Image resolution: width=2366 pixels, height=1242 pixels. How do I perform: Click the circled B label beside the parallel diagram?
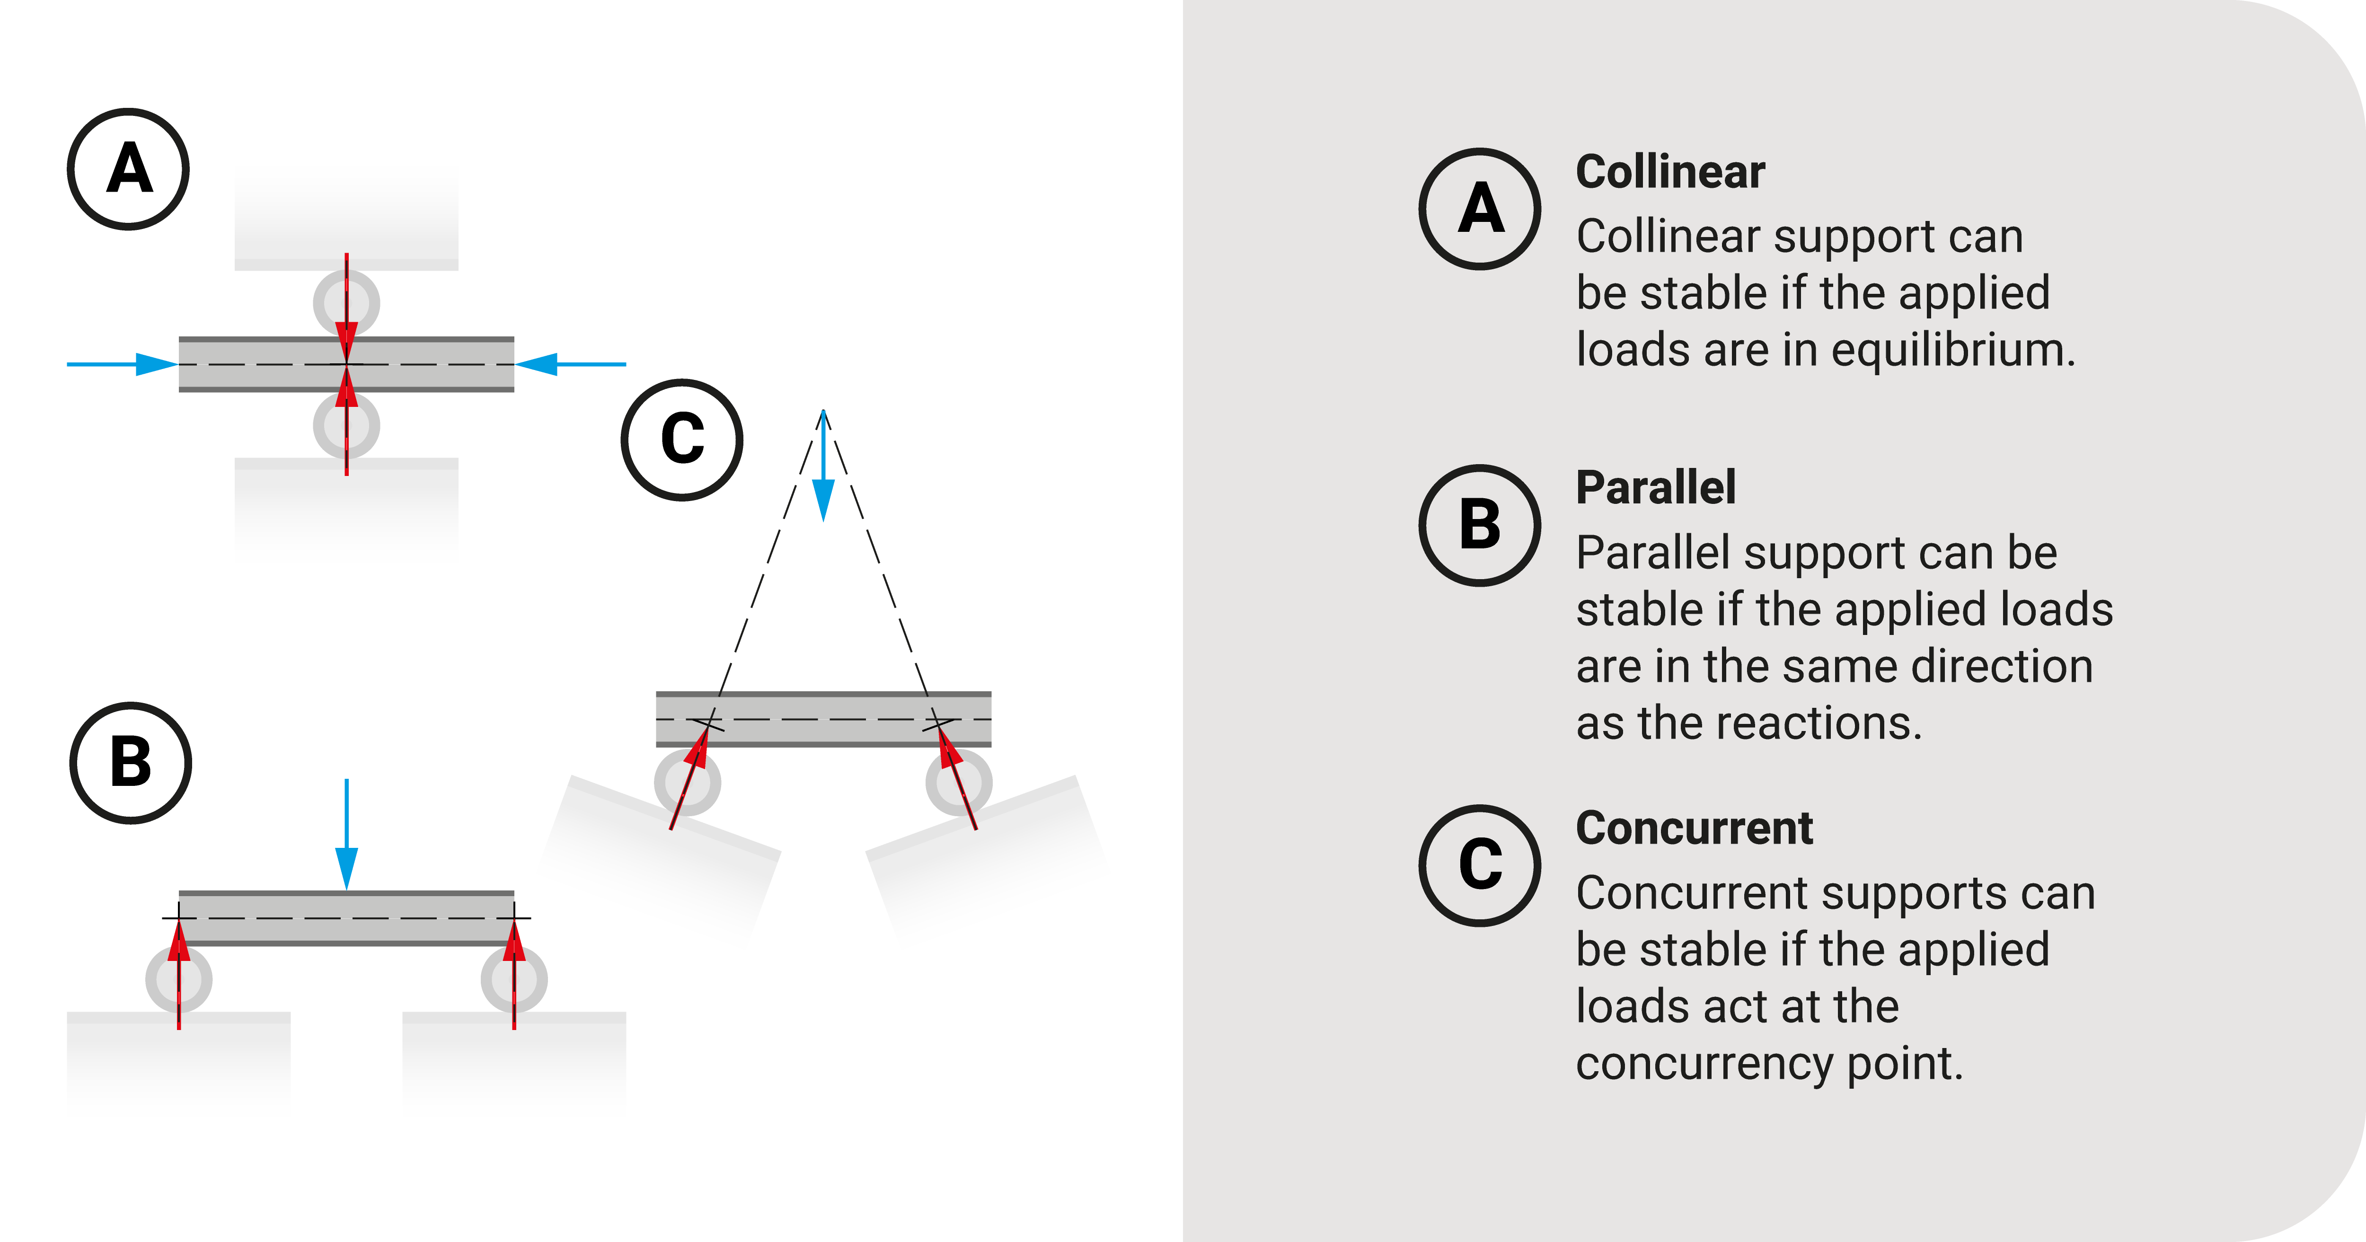coord(131,763)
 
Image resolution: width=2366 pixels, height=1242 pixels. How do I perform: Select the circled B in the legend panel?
coord(1480,526)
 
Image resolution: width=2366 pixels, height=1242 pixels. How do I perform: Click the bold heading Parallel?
coord(1655,488)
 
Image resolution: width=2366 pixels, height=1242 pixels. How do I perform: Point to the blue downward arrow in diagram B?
coord(346,836)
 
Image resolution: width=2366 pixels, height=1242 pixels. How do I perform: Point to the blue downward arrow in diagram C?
coord(824,468)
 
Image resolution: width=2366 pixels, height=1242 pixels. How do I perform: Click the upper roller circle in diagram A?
coord(346,302)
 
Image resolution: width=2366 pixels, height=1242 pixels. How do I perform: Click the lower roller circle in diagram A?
coord(346,426)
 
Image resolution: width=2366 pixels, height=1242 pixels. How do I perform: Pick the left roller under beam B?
coord(179,979)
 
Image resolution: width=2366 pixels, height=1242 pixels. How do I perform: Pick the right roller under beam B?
coord(514,979)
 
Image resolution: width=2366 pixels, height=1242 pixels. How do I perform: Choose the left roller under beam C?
coord(687,783)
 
